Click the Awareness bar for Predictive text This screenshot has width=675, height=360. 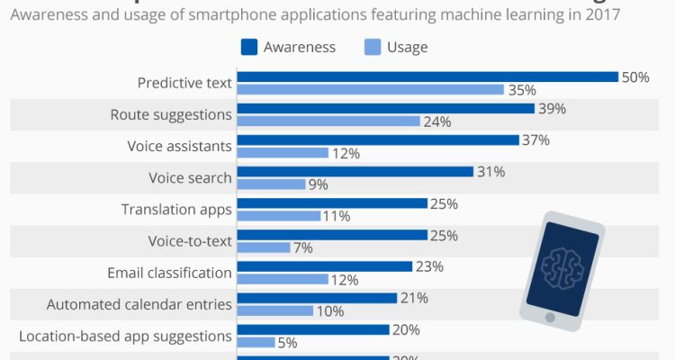point(427,77)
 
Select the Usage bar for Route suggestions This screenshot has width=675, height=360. point(328,121)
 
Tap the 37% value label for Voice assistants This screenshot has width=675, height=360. point(535,140)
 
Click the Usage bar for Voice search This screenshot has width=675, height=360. point(271,184)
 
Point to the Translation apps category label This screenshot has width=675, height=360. point(176,209)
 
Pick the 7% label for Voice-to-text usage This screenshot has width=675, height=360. point(303,247)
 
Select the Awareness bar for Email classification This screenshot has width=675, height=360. point(324,266)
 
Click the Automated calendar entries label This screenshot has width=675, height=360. point(139,304)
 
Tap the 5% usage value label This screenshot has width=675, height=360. point(288,342)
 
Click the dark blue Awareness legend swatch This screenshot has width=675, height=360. point(250,47)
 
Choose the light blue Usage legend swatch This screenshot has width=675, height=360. point(371,47)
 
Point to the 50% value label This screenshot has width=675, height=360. point(635,77)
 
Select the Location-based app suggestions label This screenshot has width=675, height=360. point(125,336)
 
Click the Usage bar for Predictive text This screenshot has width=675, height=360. point(370,89)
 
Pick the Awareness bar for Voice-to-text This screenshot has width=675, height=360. point(332,235)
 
